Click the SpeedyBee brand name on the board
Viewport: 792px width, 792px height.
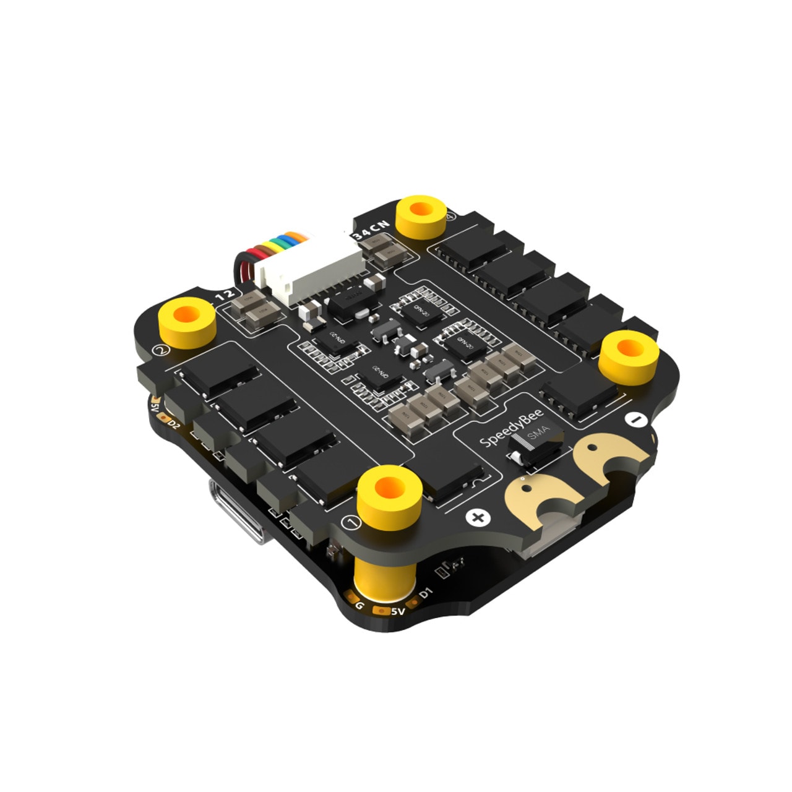click(x=511, y=428)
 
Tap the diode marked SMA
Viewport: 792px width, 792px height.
click(x=536, y=444)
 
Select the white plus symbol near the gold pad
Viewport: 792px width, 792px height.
click(x=478, y=517)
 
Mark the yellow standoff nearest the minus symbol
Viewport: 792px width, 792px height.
click(x=628, y=356)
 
